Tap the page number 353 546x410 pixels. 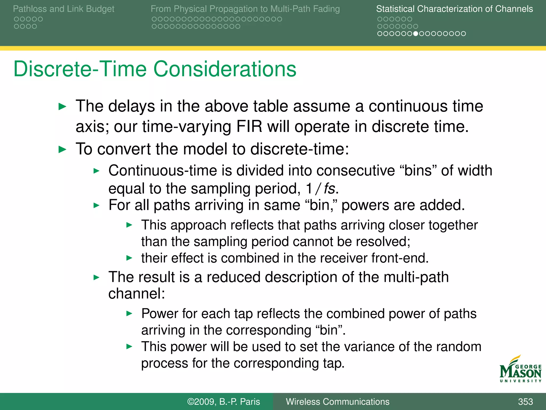tap(525, 402)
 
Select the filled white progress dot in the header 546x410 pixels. tap(415, 34)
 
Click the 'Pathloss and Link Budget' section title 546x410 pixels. tap(63, 9)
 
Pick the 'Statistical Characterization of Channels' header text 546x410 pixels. tap(454, 9)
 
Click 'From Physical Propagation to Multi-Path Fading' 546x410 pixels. tap(245, 9)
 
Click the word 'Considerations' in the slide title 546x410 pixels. tap(224, 69)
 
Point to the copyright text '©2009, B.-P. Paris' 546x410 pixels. tap(223, 402)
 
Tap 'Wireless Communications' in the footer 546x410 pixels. tap(337, 402)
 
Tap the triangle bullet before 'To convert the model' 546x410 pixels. tap(62, 149)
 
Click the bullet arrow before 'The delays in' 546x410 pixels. tap(62, 107)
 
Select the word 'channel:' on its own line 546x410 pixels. tap(136, 294)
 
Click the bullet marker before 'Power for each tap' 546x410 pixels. tap(129, 314)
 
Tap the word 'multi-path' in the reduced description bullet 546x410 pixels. tap(416, 277)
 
